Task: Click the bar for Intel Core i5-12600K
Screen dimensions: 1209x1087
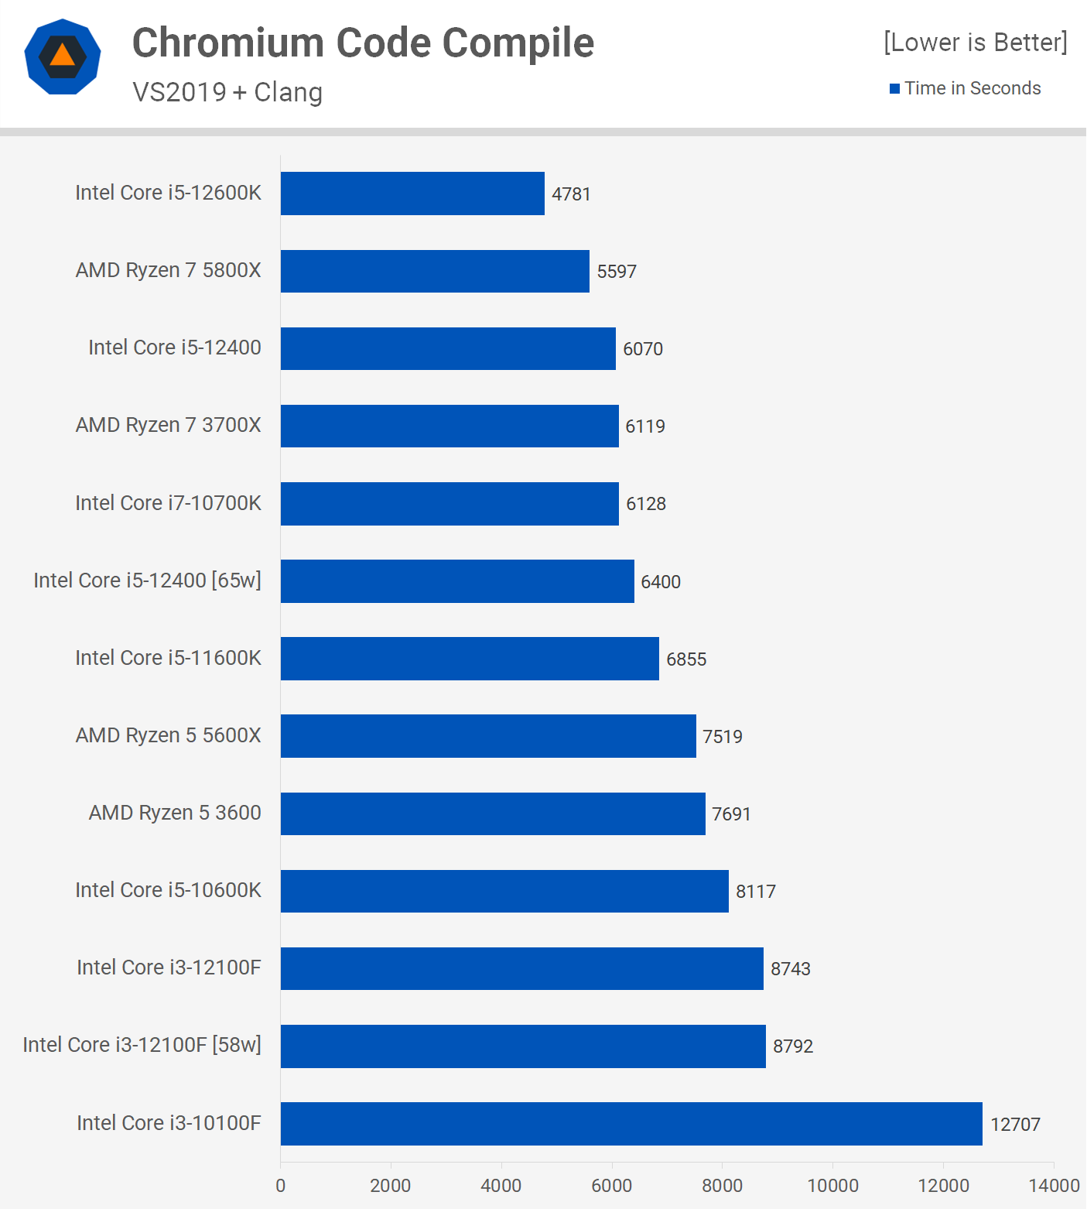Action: pyautogui.click(x=412, y=194)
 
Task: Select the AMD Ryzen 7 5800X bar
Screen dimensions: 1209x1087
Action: pyautogui.click(x=435, y=271)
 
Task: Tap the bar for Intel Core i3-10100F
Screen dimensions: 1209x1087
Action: pyautogui.click(x=631, y=1124)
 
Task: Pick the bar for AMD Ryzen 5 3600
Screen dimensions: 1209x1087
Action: pyautogui.click(x=493, y=813)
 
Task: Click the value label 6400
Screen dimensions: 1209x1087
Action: pyautogui.click(x=661, y=582)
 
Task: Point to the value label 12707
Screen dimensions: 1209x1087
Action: pyautogui.click(x=1015, y=1125)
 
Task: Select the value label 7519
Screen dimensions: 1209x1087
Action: pyautogui.click(x=722, y=737)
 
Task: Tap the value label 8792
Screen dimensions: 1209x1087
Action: pyautogui.click(x=793, y=1046)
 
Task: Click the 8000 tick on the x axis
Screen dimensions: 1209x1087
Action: pyautogui.click(x=722, y=1186)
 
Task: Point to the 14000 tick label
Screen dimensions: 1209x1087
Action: pyautogui.click(x=1053, y=1186)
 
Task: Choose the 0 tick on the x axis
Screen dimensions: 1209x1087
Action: pyautogui.click(x=281, y=1186)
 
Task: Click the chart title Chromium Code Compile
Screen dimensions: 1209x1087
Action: pyautogui.click(x=363, y=43)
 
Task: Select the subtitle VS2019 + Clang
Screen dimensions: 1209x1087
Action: pyautogui.click(x=227, y=92)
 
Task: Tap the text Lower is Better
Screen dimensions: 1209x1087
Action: pyautogui.click(x=975, y=42)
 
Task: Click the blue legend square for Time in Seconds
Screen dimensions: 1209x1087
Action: pyautogui.click(x=894, y=89)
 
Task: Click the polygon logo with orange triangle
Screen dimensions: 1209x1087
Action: pyautogui.click(x=63, y=57)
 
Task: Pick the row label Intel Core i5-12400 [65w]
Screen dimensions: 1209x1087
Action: pyautogui.click(x=147, y=581)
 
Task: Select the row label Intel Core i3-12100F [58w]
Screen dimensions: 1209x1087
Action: pyautogui.click(x=142, y=1045)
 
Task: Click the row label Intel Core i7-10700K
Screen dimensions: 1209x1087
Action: pyautogui.click(x=168, y=503)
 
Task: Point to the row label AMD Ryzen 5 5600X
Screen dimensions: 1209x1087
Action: pyautogui.click(x=168, y=735)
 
